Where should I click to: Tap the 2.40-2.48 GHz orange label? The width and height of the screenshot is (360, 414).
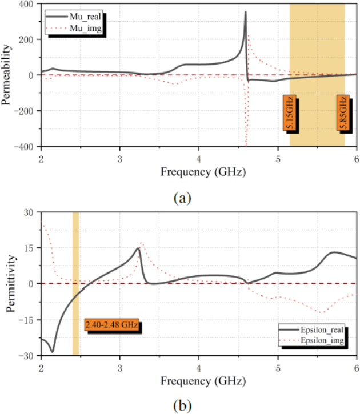point(112,325)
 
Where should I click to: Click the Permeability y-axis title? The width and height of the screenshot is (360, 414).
point(8,75)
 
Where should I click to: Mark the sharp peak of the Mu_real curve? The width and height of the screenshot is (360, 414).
point(246,12)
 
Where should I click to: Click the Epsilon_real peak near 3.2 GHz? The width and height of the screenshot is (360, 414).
point(138,248)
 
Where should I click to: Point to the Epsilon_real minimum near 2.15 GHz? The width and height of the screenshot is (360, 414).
point(53,351)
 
